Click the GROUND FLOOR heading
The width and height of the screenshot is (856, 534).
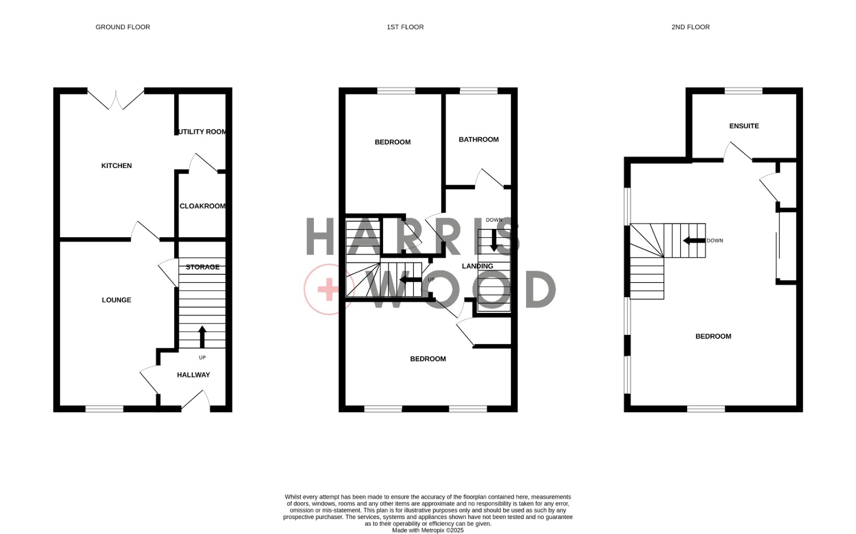[123, 27]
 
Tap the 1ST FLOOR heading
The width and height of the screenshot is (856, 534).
[405, 27]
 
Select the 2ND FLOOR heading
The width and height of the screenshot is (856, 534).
[691, 27]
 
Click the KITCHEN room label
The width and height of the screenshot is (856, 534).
[117, 165]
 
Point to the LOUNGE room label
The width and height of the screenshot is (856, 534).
[117, 300]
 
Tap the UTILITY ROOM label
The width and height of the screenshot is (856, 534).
[202, 132]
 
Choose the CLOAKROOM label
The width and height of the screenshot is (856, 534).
[203, 206]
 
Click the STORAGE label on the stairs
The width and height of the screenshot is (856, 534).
[203, 267]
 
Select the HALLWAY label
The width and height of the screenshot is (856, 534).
[193, 375]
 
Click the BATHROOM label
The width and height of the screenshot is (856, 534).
[479, 140]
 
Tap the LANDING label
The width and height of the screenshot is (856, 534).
[478, 266]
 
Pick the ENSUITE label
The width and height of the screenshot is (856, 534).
[744, 126]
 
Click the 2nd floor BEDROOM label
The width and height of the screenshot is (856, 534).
[714, 336]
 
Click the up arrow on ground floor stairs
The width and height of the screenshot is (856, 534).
[202, 337]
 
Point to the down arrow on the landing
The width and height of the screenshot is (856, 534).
[494, 240]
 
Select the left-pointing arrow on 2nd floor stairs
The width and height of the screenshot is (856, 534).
[694, 241]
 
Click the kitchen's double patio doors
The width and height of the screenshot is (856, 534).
[116, 100]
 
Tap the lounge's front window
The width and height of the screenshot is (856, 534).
[104, 409]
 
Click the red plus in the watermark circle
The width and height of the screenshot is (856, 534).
[328, 289]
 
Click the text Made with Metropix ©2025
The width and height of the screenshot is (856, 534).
[428, 530]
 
